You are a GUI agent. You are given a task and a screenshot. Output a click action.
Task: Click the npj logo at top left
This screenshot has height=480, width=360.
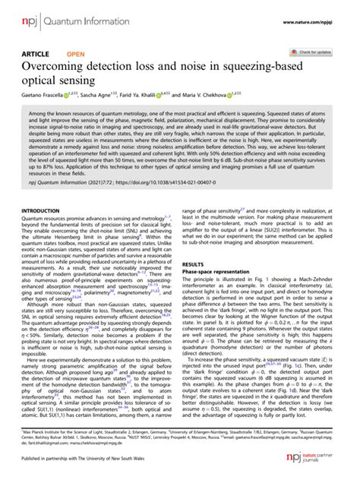pyautogui.click(x=30, y=13)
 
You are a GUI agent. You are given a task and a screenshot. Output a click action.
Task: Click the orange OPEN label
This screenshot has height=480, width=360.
pyautogui.click(x=76, y=55)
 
